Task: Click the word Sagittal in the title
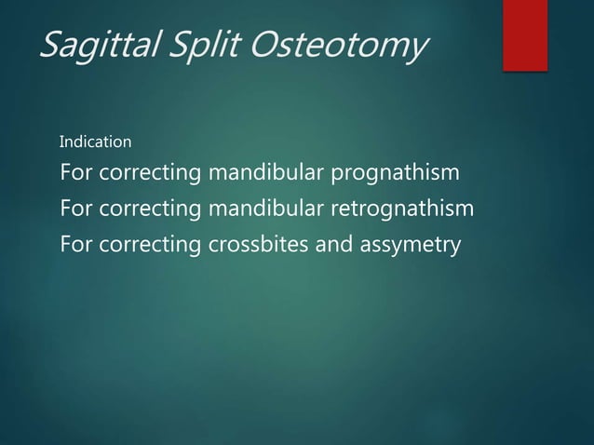[99, 44]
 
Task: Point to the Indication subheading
[95, 142]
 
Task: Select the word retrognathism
[405, 209]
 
